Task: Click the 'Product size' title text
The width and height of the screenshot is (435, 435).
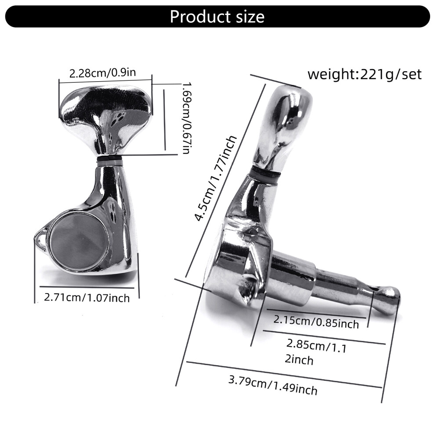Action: coord(217,17)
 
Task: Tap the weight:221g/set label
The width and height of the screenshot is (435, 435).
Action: coord(365,74)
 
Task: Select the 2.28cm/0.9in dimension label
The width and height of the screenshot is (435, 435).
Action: coord(103,73)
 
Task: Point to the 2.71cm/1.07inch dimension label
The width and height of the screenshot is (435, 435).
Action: coord(87,297)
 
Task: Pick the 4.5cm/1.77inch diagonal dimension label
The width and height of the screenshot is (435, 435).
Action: coord(215,179)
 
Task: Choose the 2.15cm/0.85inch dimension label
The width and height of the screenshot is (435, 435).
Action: coord(316,322)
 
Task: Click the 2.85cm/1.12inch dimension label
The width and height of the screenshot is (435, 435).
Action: coord(316,352)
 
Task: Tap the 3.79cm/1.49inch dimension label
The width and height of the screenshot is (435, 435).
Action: coord(273,385)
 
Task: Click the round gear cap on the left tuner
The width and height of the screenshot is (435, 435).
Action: coord(79,243)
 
